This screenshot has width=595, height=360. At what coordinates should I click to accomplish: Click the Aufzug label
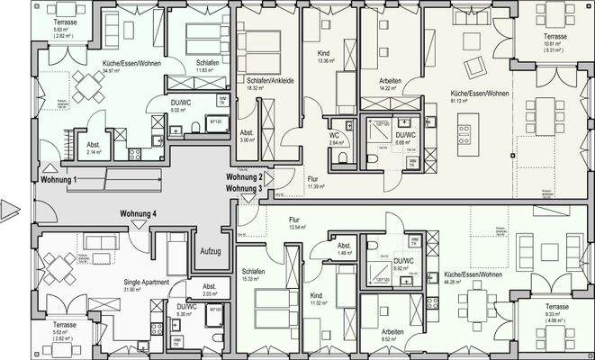point(211,250)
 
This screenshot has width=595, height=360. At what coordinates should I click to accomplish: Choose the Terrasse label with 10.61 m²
point(555,37)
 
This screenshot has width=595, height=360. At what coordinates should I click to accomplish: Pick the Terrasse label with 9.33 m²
point(555,307)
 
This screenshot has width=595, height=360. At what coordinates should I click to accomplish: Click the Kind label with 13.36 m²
point(324,54)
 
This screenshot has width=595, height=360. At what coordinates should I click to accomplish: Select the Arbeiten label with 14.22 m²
point(390,81)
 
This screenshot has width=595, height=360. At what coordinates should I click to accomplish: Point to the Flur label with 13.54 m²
point(293,220)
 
